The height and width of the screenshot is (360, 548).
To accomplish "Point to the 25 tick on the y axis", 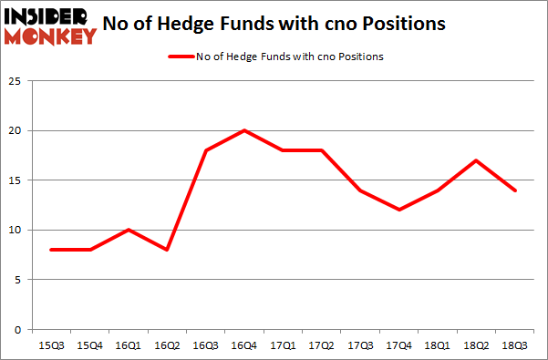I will (16, 82).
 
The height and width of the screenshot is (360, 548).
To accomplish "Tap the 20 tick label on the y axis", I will (16, 131).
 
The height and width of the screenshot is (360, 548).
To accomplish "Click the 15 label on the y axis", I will (16, 180).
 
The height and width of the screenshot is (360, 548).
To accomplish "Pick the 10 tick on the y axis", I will (16, 230).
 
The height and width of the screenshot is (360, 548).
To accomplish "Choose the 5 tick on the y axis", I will (18, 280).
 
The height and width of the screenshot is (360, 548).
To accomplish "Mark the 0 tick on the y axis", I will (18, 329).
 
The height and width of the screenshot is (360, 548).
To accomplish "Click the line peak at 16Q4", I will (244, 130).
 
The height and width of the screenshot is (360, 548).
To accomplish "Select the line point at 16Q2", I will (168, 250).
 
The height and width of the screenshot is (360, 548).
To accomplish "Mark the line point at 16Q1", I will (129, 230).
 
